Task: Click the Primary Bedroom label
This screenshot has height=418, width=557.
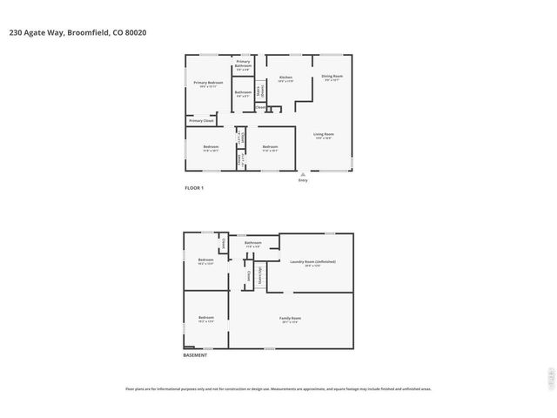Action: (208, 84)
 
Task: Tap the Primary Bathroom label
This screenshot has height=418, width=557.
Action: (243, 64)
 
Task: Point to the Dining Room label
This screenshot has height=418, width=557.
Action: (332, 78)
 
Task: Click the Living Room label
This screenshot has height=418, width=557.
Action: (324, 135)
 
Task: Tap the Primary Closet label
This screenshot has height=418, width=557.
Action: (201, 120)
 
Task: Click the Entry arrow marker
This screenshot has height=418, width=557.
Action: (303, 173)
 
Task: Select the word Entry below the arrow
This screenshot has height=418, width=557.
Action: (303, 180)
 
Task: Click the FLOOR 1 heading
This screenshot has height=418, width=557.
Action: (193, 188)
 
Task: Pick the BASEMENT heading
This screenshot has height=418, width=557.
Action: (195, 355)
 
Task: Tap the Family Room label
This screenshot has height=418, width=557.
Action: (290, 320)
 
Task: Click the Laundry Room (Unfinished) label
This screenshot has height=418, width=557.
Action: (312, 262)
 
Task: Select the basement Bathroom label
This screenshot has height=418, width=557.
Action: (252, 244)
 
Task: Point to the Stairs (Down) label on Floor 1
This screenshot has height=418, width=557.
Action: (259, 91)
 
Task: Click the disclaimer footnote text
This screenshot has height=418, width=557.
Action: (278, 389)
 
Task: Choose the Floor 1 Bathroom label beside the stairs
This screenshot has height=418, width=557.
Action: (243, 93)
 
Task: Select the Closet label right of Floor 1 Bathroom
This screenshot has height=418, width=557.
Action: (260, 106)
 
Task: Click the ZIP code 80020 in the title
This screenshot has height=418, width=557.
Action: (136, 33)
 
